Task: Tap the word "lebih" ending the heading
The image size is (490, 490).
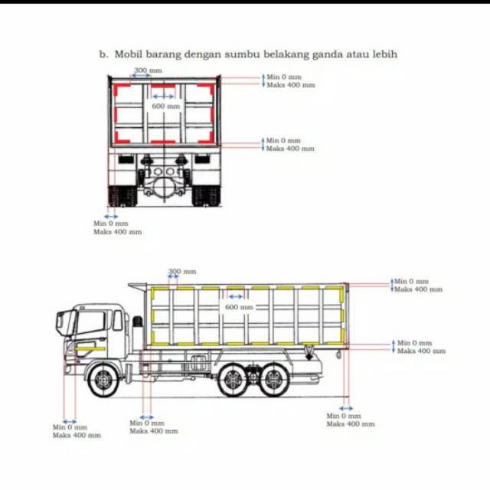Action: coord(382,54)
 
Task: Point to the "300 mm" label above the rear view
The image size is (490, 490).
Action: coord(148,70)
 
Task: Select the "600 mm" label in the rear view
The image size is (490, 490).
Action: coord(165,106)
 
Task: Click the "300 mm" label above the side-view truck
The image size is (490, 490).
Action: coord(181,271)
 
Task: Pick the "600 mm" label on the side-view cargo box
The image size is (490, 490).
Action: coord(238,307)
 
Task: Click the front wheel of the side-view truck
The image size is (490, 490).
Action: coord(101,381)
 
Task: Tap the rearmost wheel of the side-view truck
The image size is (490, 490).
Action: coord(273,381)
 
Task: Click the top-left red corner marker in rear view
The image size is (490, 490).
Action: coord(119,89)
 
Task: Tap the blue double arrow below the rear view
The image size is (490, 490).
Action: coord(112,217)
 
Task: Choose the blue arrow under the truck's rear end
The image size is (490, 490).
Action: coord(346,408)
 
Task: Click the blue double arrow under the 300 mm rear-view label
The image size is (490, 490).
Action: coord(142,77)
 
